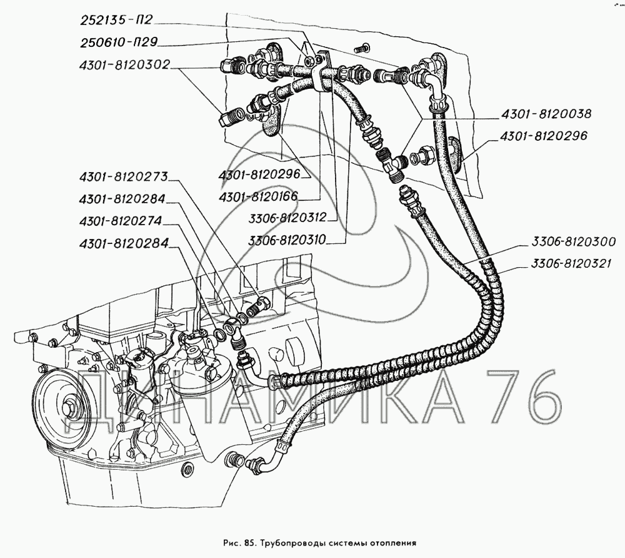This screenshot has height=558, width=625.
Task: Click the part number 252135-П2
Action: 116,21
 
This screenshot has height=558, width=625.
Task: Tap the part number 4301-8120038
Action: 546,114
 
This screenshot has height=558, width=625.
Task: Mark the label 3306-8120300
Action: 574,241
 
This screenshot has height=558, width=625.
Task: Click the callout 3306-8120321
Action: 574,265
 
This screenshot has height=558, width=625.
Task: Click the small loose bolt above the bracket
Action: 361,48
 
